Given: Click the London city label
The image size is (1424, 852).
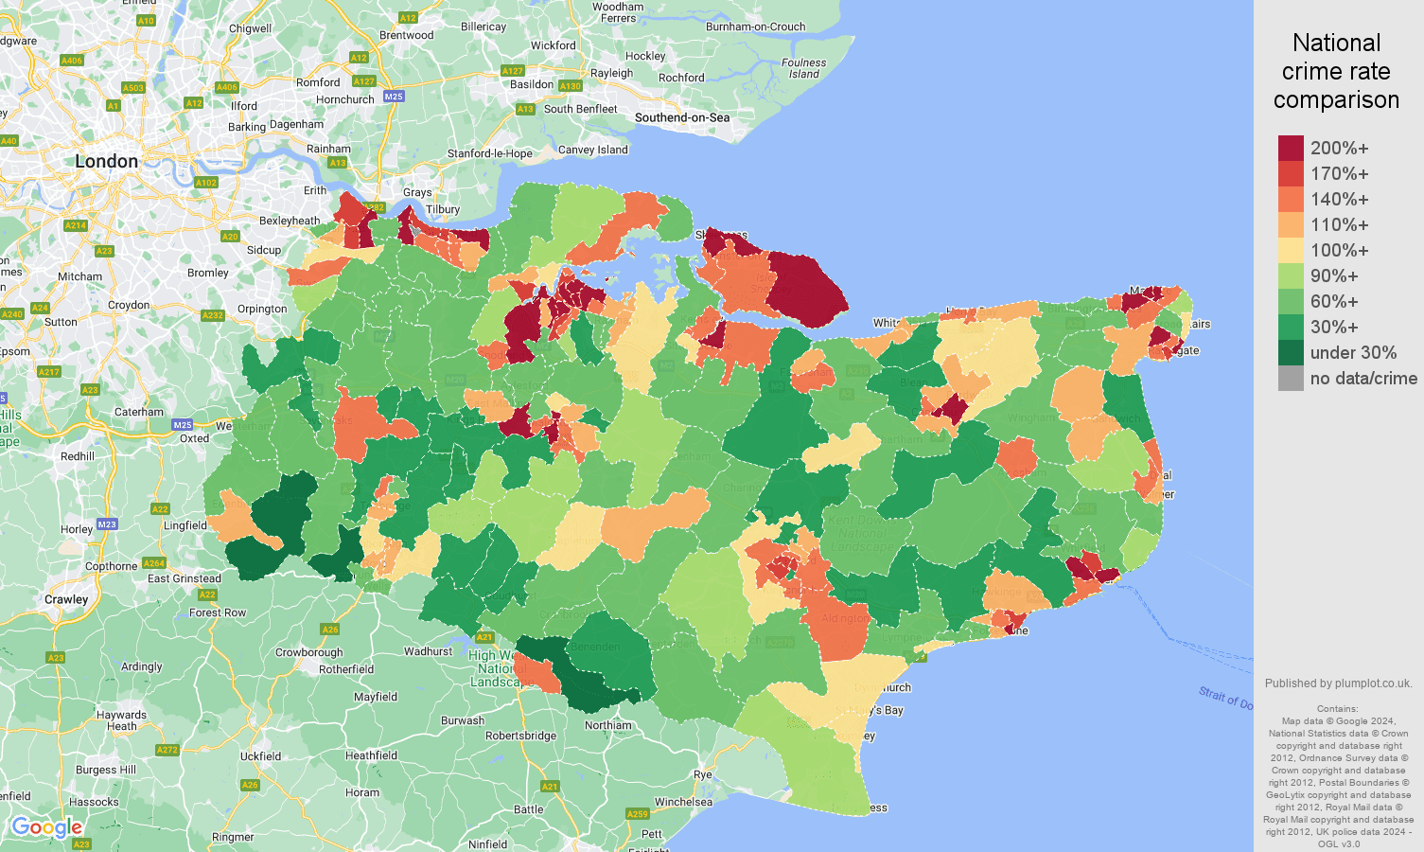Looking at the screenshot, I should [x=106, y=162].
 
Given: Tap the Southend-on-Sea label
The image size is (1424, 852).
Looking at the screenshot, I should [x=682, y=117].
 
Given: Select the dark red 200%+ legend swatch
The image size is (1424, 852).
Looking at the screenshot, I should [x=1291, y=149].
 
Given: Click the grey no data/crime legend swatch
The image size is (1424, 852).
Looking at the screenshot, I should [x=1291, y=379].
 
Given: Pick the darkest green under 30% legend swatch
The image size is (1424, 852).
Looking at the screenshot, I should [x=1291, y=353].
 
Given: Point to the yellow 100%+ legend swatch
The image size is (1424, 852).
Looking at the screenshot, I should [x=1291, y=251].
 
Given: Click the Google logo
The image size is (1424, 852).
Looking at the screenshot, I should [x=46, y=828].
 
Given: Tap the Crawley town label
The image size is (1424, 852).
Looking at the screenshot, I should [x=66, y=599].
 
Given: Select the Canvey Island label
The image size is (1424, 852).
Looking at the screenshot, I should [x=593, y=150].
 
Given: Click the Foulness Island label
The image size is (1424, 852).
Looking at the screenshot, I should [x=803, y=68].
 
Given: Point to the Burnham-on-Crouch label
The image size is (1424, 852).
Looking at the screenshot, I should [x=755, y=27].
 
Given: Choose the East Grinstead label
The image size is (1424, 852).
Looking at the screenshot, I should [x=185, y=578].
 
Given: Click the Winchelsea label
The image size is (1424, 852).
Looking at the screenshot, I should [x=683, y=802].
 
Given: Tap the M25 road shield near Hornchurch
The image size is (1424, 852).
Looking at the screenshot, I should [x=394, y=97].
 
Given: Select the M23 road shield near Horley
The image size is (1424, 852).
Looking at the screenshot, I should [x=107, y=524].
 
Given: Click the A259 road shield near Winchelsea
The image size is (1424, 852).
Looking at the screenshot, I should [x=638, y=813].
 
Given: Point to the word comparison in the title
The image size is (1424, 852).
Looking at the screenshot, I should [x=1336, y=99].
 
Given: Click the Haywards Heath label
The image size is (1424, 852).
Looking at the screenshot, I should [x=121, y=720].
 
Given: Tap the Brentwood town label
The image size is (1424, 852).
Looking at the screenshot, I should [x=406, y=35].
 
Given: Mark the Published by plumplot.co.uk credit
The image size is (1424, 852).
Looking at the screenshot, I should [x=1338, y=683].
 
